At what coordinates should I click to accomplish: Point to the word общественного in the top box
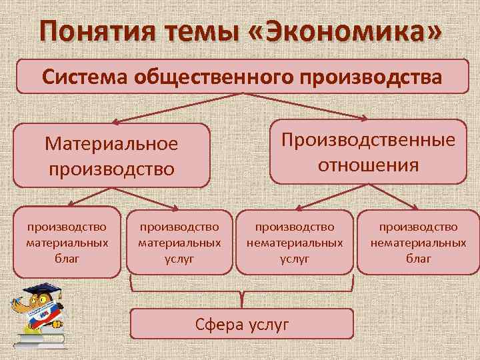pyautogui.click(x=223, y=77)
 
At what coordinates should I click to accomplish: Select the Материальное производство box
pyautogui.click(x=111, y=155)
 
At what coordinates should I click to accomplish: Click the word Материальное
pyautogui.click(x=111, y=144)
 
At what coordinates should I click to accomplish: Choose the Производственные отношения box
pyautogui.click(x=368, y=151)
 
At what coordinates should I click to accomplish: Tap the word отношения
pyautogui.click(x=368, y=164)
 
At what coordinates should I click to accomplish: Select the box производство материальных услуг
pyautogui.click(x=179, y=243)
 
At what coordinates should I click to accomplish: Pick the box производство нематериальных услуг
pyautogui.click(x=295, y=243)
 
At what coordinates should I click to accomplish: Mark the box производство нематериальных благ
pyautogui.click(x=419, y=243)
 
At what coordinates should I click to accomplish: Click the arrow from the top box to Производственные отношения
pyautogui.click(x=307, y=107)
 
